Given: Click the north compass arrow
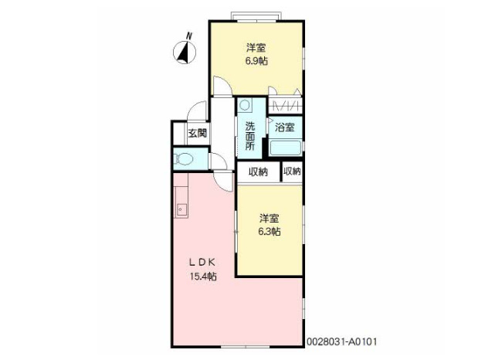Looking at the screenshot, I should coord(185,52).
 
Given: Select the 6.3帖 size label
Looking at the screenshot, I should coord(269,231).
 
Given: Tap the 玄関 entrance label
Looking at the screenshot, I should coord(196,133).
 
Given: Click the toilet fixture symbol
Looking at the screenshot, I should coord(185,160).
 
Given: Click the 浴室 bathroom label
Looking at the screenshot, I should coord(284,127).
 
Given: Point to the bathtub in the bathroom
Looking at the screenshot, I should coord(285,147).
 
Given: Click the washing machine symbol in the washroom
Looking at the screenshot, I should coord(245,105).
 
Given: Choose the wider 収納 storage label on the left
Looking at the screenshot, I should coord(258,172).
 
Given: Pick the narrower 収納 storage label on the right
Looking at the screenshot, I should coord(292,172).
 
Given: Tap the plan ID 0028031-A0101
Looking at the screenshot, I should coord(342,341).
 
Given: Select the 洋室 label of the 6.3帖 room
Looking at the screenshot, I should coord(269,217).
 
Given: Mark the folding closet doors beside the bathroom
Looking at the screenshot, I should coord(286,105).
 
